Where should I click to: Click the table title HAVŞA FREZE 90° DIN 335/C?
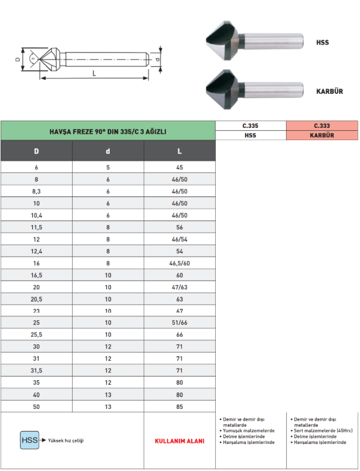pyautogui.click(x=108, y=131)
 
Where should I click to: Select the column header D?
pyautogui.click(x=36, y=151)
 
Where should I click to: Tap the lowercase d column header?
pyautogui.click(x=108, y=151)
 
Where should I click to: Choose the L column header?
pyautogui.click(x=179, y=151)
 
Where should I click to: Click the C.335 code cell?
pyautogui.click(x=250, y=126)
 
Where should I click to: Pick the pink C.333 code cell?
pyautogui.click(x=322, y=126)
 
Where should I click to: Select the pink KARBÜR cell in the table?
pyautogui.click(x=322, y=135)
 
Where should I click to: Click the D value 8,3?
pyautogui.click(x=36, y=191)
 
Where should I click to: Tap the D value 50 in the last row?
pyautogui.click(x=36, y=406)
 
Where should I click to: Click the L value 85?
pyautogui.click(x=179, y=406)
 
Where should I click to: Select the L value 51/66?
pyautogui.click(x=179, y=323)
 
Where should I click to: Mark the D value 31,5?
pyautogui.click(x=36, y=370)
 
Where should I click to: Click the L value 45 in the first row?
pyautogui.click(x=179, y=167)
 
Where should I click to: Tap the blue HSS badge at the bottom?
pyautogui.click(x=29, y=440)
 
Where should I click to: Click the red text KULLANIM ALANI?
pyautogui.click(x=179, y=441)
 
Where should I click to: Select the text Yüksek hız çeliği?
pyautogui.click(x=66, y=441)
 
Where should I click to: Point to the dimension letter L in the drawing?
pyautogui.click(x=94, y=73)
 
